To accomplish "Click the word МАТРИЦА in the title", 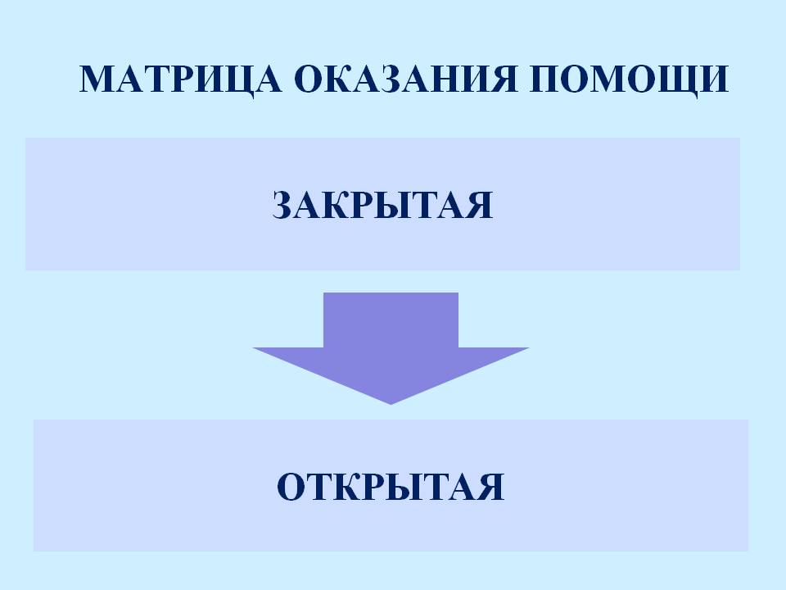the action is pyautogui.click(x=180, y=79).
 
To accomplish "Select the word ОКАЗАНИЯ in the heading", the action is pyautogui.click(x=405, y=79).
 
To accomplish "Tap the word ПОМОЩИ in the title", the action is pyautogui.click(x=629, y=79).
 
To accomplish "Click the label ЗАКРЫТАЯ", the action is pyautogui.click(x=383, y=205).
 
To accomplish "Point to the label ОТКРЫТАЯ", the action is pyautogui.click(x=391, y=486).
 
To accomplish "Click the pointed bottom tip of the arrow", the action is pyautogui.click(x=391, y=404).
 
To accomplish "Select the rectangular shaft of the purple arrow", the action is pyautogui.click(x=391, y=320).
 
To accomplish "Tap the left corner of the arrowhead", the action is pyautogui.click(x=254, y=348).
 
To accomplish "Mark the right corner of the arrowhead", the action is pyautogui.click(x=528, y=348).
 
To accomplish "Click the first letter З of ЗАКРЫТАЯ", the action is pyautogui.click(x=284, y=205).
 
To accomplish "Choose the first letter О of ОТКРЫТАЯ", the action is pyautogui.click(x=291, y=486).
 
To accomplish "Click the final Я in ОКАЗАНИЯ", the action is pyautogui.click(x=505, y=79).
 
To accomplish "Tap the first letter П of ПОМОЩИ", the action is pyautogui.click(x=545, y=79).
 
